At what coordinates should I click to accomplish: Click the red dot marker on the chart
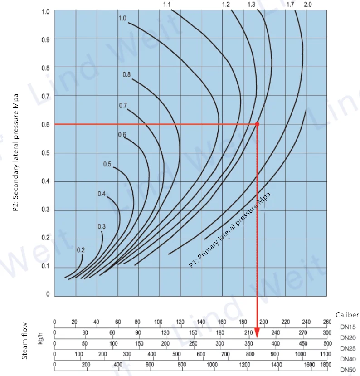click(x=257, y=124)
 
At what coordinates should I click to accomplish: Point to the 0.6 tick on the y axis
click(x=45, y=124)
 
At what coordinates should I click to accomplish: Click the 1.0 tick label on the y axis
click(x=45, y=11)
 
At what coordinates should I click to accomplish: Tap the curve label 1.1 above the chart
click(x=167, y=5)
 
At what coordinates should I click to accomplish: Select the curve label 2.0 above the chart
click(x=308, y=5)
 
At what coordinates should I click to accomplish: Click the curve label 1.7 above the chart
click(x=291, y=5)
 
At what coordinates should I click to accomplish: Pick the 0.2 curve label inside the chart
click(x=81, y=250)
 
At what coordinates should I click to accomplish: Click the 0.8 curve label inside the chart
click(x=126, y=74)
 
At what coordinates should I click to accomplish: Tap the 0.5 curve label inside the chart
click(x=107, y=164)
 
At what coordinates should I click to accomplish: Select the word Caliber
click(x=347, y=315)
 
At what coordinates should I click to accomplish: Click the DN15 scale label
click(x=347, y=327)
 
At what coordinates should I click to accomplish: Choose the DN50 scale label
click(x=347, y=369)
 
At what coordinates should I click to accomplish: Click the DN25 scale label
click(x=347, y=348)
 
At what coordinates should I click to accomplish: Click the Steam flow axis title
click(x=25, y=341)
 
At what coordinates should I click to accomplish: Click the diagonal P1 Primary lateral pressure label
click(x=229, y=230)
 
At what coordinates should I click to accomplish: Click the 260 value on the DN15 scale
click(x=327, y=322)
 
